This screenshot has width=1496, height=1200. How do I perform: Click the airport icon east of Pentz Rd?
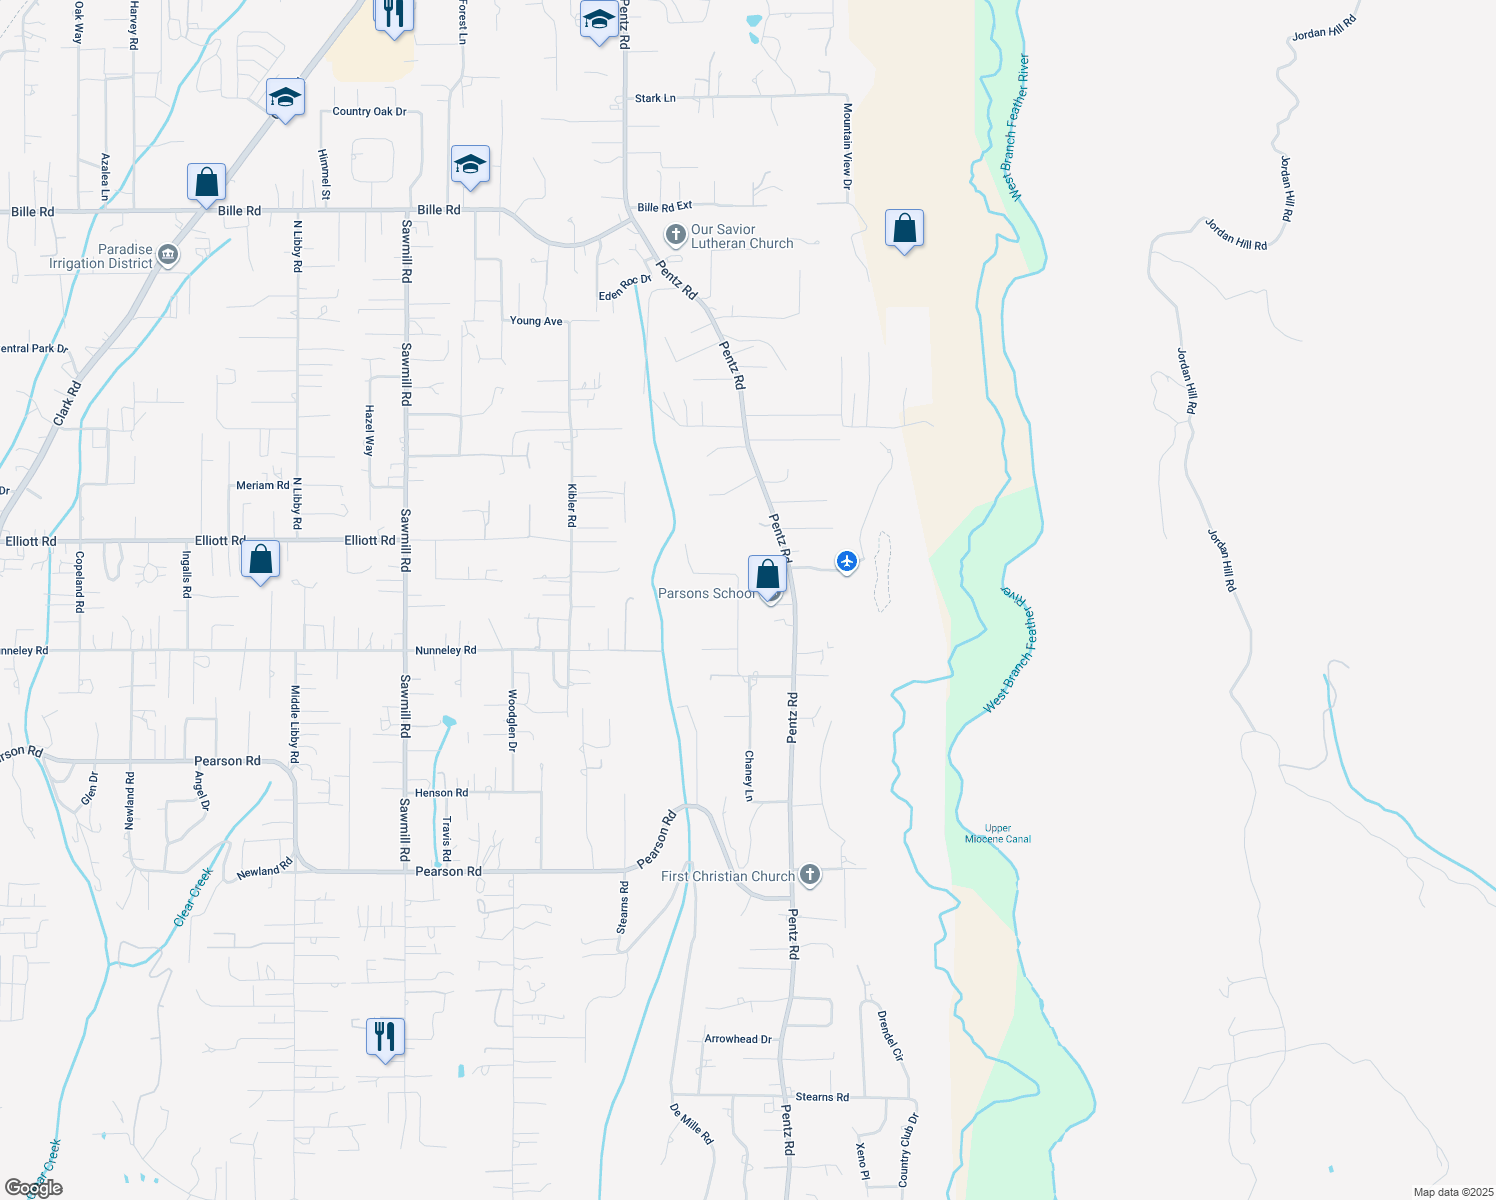[847, 561]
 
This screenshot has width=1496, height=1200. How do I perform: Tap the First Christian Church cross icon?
[810, 875]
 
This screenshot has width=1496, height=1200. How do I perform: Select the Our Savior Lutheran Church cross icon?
[676, 235]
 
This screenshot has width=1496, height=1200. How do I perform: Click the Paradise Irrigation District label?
[101, 256]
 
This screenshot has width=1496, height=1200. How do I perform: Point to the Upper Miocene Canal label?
[998, 834]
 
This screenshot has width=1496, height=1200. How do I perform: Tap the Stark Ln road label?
[655, 98]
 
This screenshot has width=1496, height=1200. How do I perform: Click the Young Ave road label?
[536, 321]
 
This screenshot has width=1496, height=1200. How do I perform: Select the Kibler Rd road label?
[572, 505]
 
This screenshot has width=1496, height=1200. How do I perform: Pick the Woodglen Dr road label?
[512, 720]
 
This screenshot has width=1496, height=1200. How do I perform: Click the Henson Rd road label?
[441, 793]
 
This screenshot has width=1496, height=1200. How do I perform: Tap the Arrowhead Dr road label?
[738, 1039]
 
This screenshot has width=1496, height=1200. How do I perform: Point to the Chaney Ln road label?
[749, 776]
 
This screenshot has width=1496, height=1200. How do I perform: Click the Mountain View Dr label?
[847, 146]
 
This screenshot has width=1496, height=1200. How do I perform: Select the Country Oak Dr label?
[369, 111]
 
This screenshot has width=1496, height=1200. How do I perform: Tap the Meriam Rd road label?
[262, 485]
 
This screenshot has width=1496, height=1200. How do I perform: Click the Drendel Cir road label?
[890, 1036]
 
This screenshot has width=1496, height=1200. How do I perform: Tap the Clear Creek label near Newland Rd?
[193, 897]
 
